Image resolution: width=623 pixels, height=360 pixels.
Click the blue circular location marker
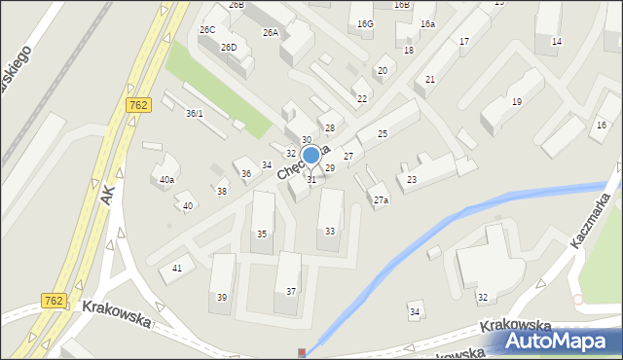tap(311, 155)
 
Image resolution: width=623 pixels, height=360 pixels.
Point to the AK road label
tap(107, 195)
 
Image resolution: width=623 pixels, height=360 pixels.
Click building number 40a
tap(167, 179)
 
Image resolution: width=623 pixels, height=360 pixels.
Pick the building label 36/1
tap(195, 114)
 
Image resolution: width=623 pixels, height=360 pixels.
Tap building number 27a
tap(381, 200)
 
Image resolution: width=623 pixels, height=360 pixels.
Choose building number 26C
tap(207, 30)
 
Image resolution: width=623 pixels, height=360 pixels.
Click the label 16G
tap(365, 23)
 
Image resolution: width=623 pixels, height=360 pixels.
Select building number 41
tap(177, 268)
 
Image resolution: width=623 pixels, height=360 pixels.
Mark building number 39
tap(223, 297)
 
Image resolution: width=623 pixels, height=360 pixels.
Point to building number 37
tap(291, 292)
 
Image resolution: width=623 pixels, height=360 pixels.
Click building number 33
tap(330, 231)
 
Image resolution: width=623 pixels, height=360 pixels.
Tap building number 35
tap(262, 234)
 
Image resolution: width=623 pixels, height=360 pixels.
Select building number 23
tap(412, 180)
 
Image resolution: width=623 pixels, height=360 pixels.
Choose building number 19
tap(516, 102)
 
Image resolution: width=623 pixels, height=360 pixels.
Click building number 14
tap(556, 41)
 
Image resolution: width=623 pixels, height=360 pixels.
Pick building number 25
tap(383, 133)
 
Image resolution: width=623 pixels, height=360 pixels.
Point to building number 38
tap(222, 191)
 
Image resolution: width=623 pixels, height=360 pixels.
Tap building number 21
tap(430, 80)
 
